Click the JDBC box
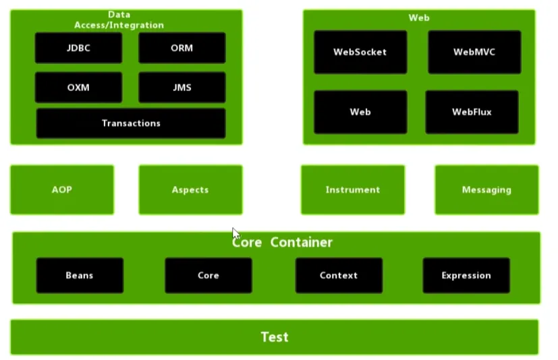(79, 48)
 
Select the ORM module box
(182, 48)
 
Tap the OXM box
(79, 88)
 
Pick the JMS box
(182, 88)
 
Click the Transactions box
(131, 123)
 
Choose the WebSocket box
(360, 52)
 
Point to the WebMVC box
(474, 52)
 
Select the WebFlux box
(472, 112)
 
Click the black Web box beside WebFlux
(360, 112)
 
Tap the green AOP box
(62, 190)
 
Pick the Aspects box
(190, 190)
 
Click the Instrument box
(353, 190)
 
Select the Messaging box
(486, 190)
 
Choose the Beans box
(80, 275)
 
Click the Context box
(339, 275)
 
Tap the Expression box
(466, 275)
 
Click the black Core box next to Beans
(208, 275)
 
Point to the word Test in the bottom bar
(275, 337)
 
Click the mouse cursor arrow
(235, 233)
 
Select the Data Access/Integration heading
(119, 20)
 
